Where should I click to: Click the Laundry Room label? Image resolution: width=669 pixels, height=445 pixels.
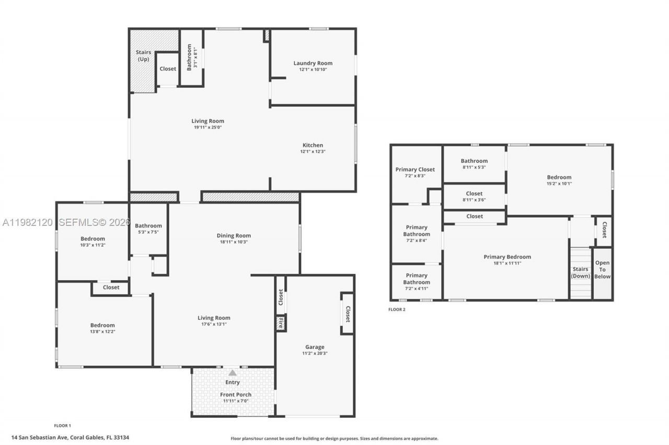tap(313, 63)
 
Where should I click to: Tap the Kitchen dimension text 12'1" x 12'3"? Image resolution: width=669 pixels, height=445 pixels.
tap(313, 152)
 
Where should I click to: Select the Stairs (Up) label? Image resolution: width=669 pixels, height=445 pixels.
tap(143, 56)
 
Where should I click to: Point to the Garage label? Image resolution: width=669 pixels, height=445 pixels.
tap(315, 347)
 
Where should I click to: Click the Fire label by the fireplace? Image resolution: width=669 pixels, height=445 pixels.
tap(281, 322)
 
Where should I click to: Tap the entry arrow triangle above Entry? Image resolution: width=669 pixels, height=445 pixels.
tap(233, 372)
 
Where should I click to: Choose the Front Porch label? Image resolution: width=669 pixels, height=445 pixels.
tap(235, 394)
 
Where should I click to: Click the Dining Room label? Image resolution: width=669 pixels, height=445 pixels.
tap(234, 236)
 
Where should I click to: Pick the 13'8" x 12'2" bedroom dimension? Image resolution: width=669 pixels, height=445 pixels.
tap(102, 332)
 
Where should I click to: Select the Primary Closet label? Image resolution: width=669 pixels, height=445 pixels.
tap(415, 170)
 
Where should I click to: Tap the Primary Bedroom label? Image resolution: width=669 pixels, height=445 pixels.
tap(507, 257)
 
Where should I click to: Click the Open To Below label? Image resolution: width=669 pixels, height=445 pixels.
tap(602, 270)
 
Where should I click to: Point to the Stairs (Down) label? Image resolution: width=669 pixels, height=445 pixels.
tap(580, 273)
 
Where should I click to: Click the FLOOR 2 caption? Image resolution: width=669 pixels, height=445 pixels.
tap(396, 309)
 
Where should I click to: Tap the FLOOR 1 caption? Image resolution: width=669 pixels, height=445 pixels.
tap(62, 426)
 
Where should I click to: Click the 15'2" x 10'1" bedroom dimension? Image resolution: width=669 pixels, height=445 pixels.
tap(559, 184)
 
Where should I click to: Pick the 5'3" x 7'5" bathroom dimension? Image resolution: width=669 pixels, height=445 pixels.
tap(148, 232)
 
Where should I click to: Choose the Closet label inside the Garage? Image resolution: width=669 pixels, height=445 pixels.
tap(348, 314)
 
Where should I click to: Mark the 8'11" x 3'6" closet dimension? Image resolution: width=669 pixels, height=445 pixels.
tap(474, 200)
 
